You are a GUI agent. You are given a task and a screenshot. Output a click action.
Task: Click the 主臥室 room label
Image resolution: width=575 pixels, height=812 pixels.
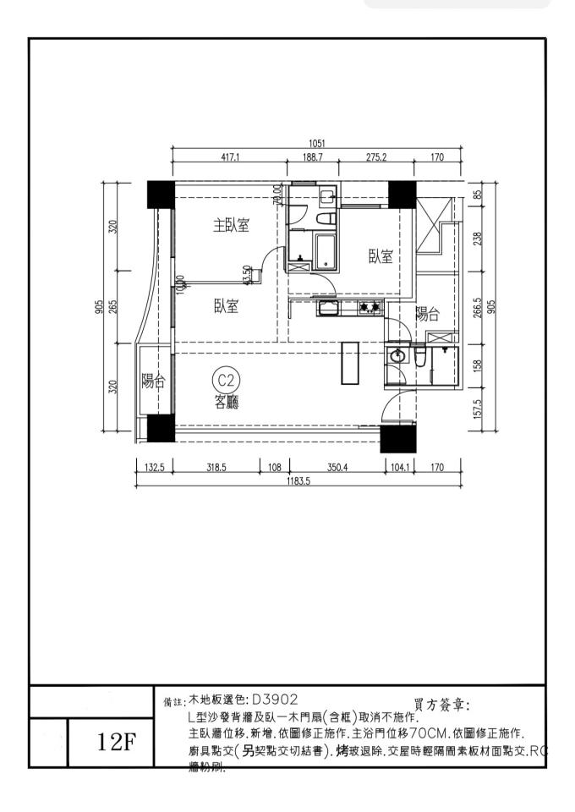point(231,226)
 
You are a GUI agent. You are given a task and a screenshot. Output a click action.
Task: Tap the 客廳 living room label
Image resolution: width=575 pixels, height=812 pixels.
point(226,403)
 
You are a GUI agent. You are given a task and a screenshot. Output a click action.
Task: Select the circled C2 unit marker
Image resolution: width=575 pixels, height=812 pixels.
point(226,381)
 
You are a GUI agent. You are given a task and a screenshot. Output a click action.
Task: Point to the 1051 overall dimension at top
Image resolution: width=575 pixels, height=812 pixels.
point(317,143)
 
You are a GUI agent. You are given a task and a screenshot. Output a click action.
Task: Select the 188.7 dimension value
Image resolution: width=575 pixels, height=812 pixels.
point(313,157)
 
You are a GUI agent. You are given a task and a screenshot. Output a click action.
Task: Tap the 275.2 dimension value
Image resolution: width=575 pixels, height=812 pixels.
point(375,157)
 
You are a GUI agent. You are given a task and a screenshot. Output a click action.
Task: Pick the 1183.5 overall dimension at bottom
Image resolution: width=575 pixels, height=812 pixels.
point(298,480)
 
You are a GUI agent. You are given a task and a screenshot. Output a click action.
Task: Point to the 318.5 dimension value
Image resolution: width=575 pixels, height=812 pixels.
point(216,466)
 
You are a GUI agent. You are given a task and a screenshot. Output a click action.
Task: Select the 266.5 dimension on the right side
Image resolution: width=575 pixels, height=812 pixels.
point(478,308)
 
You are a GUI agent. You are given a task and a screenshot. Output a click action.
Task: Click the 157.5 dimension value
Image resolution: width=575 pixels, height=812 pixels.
point(478,409)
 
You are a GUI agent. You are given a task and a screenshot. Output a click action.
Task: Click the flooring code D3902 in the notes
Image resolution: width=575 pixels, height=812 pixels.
point(274,700)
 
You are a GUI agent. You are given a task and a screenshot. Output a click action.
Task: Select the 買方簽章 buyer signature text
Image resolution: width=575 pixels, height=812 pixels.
point(442,705)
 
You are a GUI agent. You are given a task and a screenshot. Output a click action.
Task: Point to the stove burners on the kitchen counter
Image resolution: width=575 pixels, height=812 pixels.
point(368,308)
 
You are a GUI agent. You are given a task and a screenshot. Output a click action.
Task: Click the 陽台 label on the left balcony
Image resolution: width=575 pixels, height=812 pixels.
point(151,381)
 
